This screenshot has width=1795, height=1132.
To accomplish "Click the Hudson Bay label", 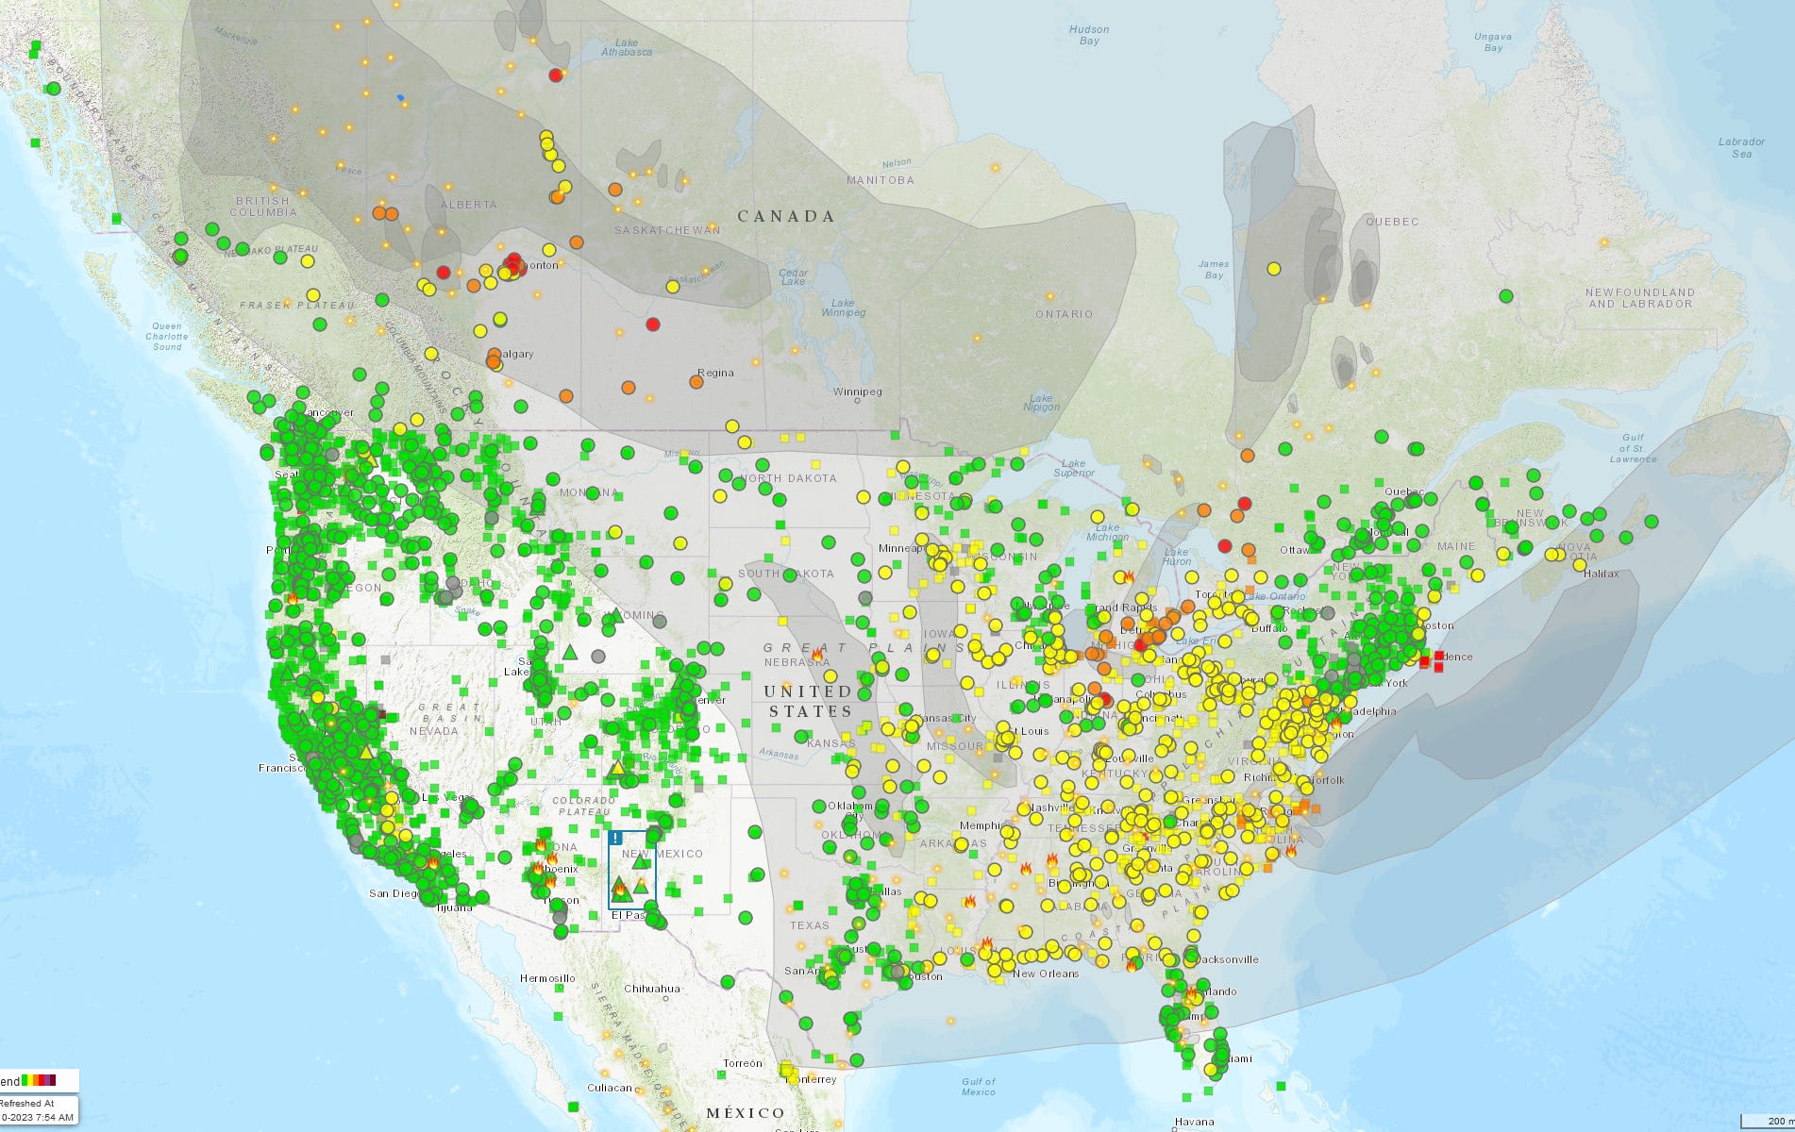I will pyautogui.click(x=1088, y=35).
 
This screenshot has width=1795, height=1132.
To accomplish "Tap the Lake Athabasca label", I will pyautogui.click(x=627, y=47).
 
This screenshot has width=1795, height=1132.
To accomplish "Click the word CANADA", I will pyautogui.click(x=786, y=217).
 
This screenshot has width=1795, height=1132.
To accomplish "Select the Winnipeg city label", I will pyautogui.click(x=858, y=391).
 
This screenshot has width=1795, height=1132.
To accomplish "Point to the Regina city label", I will pyautogui.click(x=715, y=373).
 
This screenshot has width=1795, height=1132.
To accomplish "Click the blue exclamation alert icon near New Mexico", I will pyautogui.click(x=616, y=838).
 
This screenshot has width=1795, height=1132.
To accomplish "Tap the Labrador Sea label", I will pyautogui.click(x=1741, y=147).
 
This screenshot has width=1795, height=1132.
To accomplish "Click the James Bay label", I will pyautogui.click(x=1214, y=270).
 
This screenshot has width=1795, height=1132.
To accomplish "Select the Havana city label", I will pyautogui.click(x=1194, y=1122).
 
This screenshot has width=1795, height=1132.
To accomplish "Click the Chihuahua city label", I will pyautogui.click(x=652, y=989).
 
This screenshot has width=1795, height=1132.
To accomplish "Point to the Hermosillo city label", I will pyautogui.click(x=547, y=978).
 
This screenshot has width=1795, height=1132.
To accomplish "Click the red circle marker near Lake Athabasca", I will pyautogui.click(x=556, y=75).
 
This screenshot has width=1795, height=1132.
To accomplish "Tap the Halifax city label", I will pyautogui.click(x=1602, y=574).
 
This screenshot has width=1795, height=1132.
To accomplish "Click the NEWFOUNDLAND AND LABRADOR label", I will pyautogui.click(x=1640, y=298).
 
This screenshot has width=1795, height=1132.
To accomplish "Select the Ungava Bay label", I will pyautogui.click(x=1493, y=42).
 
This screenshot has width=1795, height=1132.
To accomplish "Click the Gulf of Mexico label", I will pyautogui.click(x=978, y=1087).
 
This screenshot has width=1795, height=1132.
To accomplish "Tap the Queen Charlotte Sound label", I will pyautogui.click(x=167, y=337).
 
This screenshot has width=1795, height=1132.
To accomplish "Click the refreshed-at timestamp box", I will pyautogui.click(x=38, y=1109).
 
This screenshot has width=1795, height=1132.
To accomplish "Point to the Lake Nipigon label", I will pyautogui.click(x=1041, y=403).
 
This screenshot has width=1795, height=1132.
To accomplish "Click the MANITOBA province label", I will pyautogui.click(x=880, y=180).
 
